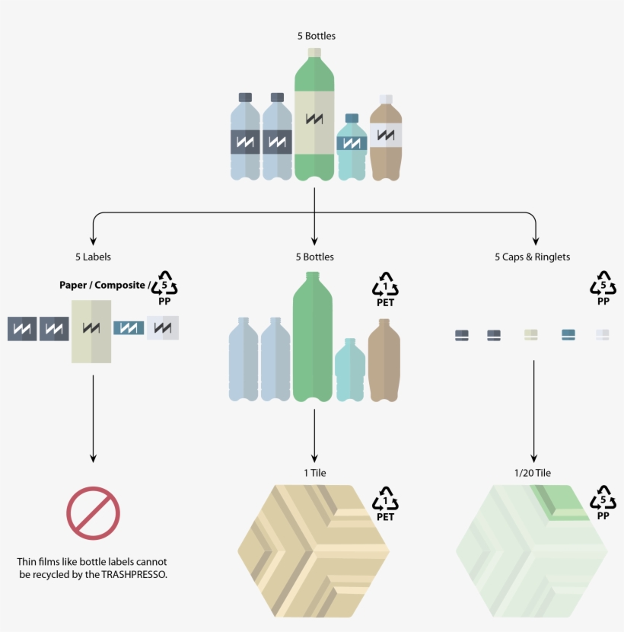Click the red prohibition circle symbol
click(x=94, y=513)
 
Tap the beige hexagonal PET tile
click(x=314, y=551)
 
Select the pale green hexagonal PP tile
click(x=531, y=551)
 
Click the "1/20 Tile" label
click(x=532, y=473)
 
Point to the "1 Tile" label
click(x=314, y=473)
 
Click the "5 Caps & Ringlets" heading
click(x=532, y=257)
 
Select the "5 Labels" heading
click(x=93, y=257)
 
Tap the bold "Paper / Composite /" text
click(x=103, y=286)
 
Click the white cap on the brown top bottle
click(x=386, y=99)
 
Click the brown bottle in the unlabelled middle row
click(x=384, y=359)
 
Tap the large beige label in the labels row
click(x=91, y=330)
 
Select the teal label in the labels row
click(x=129, y=328)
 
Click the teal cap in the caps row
click(x=568, y=334)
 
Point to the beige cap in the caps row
click(x=531, y=334)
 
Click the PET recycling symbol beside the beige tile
click(x=385, y=503)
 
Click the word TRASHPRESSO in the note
click(x=134, y=575)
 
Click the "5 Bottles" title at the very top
click(x=317, y=36)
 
